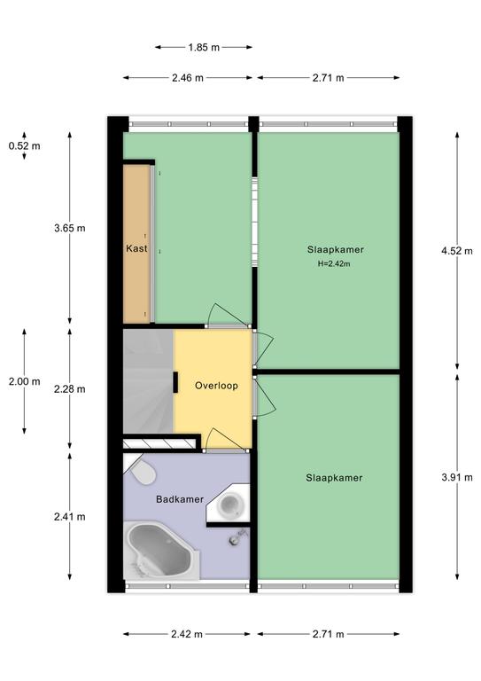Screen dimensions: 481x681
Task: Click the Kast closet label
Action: click(x=136, y=248)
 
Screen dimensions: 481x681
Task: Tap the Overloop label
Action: click(x=216, y=386)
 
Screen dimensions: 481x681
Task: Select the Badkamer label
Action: click(x=180, y=499)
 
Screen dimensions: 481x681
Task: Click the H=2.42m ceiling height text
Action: click(x=334, y=263)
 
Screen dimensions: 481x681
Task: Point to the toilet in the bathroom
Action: click(x=142, y=471)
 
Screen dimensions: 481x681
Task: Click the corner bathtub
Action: click(x=161, y=551)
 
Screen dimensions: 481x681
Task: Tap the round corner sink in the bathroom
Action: click(x=229, y=504)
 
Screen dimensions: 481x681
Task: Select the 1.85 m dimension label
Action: click(x=204, y=47)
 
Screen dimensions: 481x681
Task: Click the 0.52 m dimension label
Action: click(x=24, y=146)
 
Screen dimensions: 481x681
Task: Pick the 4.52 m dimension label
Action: click(x=457, y=251)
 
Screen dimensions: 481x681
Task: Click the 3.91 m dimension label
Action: click(x=457, y=478)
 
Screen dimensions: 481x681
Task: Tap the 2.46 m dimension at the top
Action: click(x=188, y=78)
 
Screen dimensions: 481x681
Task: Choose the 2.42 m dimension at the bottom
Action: click(x=187, y=634)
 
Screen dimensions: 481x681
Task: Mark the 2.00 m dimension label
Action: click(x=24, y=382)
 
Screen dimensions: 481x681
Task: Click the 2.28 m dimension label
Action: click(x=70, y=389)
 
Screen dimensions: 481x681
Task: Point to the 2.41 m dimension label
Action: click(x=70, y=517)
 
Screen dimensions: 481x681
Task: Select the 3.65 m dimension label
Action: click(x=70, y=228)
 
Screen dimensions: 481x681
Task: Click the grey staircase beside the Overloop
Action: click(x=148, y=381)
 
